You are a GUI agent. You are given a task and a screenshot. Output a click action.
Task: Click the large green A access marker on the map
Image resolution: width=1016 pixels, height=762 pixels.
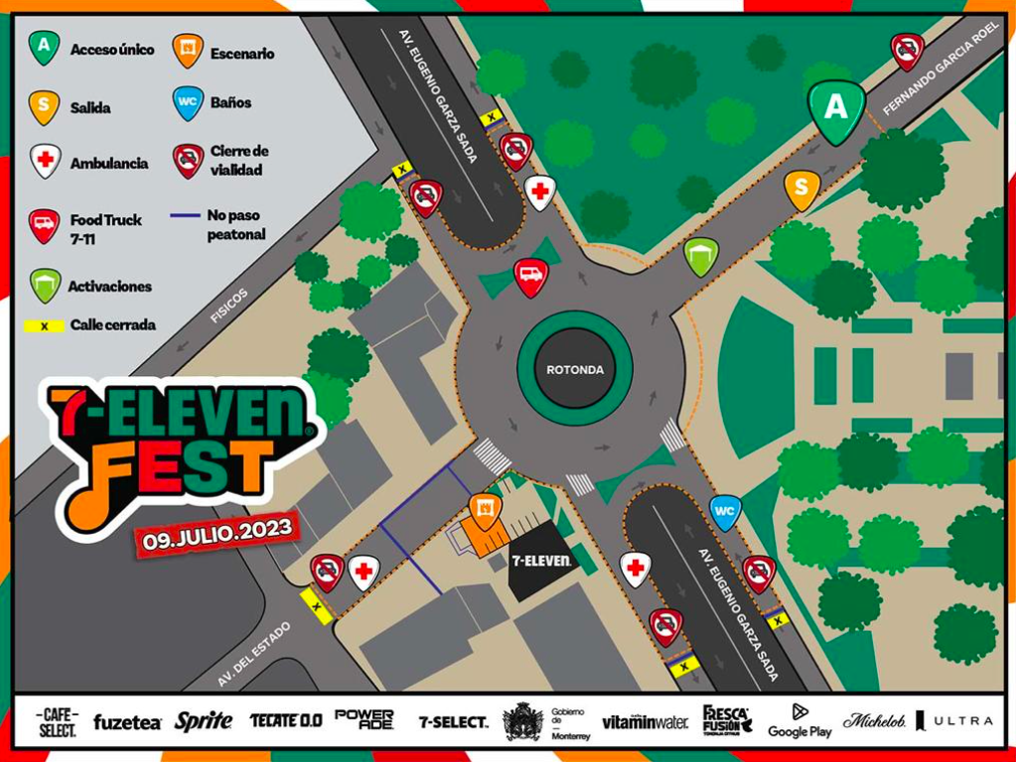point(836,108)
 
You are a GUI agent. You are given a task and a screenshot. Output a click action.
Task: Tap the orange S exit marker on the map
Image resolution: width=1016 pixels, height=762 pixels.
point(801,188)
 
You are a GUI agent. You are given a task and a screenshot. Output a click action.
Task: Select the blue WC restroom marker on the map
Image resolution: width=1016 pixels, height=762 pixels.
point(726,511)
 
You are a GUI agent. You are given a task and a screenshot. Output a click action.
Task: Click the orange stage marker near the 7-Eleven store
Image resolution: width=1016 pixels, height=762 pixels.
point(486,511)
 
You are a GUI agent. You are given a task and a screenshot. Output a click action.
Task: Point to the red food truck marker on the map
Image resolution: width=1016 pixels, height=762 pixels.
point(531,275)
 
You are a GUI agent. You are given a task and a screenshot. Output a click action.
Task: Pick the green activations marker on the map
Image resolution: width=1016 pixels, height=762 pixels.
point(701,255)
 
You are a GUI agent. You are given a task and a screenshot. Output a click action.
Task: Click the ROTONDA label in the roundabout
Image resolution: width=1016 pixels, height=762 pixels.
point(574,369)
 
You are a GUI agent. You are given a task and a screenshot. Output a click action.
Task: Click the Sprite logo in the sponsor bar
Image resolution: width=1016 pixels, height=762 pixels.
point(204,721)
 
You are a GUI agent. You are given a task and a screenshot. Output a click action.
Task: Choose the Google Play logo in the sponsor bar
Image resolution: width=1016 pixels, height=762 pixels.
point(799,721)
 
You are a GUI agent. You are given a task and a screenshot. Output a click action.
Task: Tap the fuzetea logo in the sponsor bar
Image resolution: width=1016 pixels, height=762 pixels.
point(127,722)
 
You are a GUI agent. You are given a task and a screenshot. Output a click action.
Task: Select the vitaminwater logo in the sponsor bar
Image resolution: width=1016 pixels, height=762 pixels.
point(645,722)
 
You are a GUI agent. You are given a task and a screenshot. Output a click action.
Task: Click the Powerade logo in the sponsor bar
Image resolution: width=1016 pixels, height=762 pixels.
point(364,719)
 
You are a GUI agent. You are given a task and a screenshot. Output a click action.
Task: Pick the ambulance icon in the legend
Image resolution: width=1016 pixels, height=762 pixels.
point(45,161)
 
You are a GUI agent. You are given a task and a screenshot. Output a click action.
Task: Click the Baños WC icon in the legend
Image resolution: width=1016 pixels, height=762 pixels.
point(188,101)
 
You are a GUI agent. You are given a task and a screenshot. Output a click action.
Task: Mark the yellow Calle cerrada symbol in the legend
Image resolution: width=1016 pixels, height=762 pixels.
point(44,325)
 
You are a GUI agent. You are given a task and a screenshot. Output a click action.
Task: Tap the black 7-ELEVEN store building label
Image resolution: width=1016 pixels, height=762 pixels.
point(541,561)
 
